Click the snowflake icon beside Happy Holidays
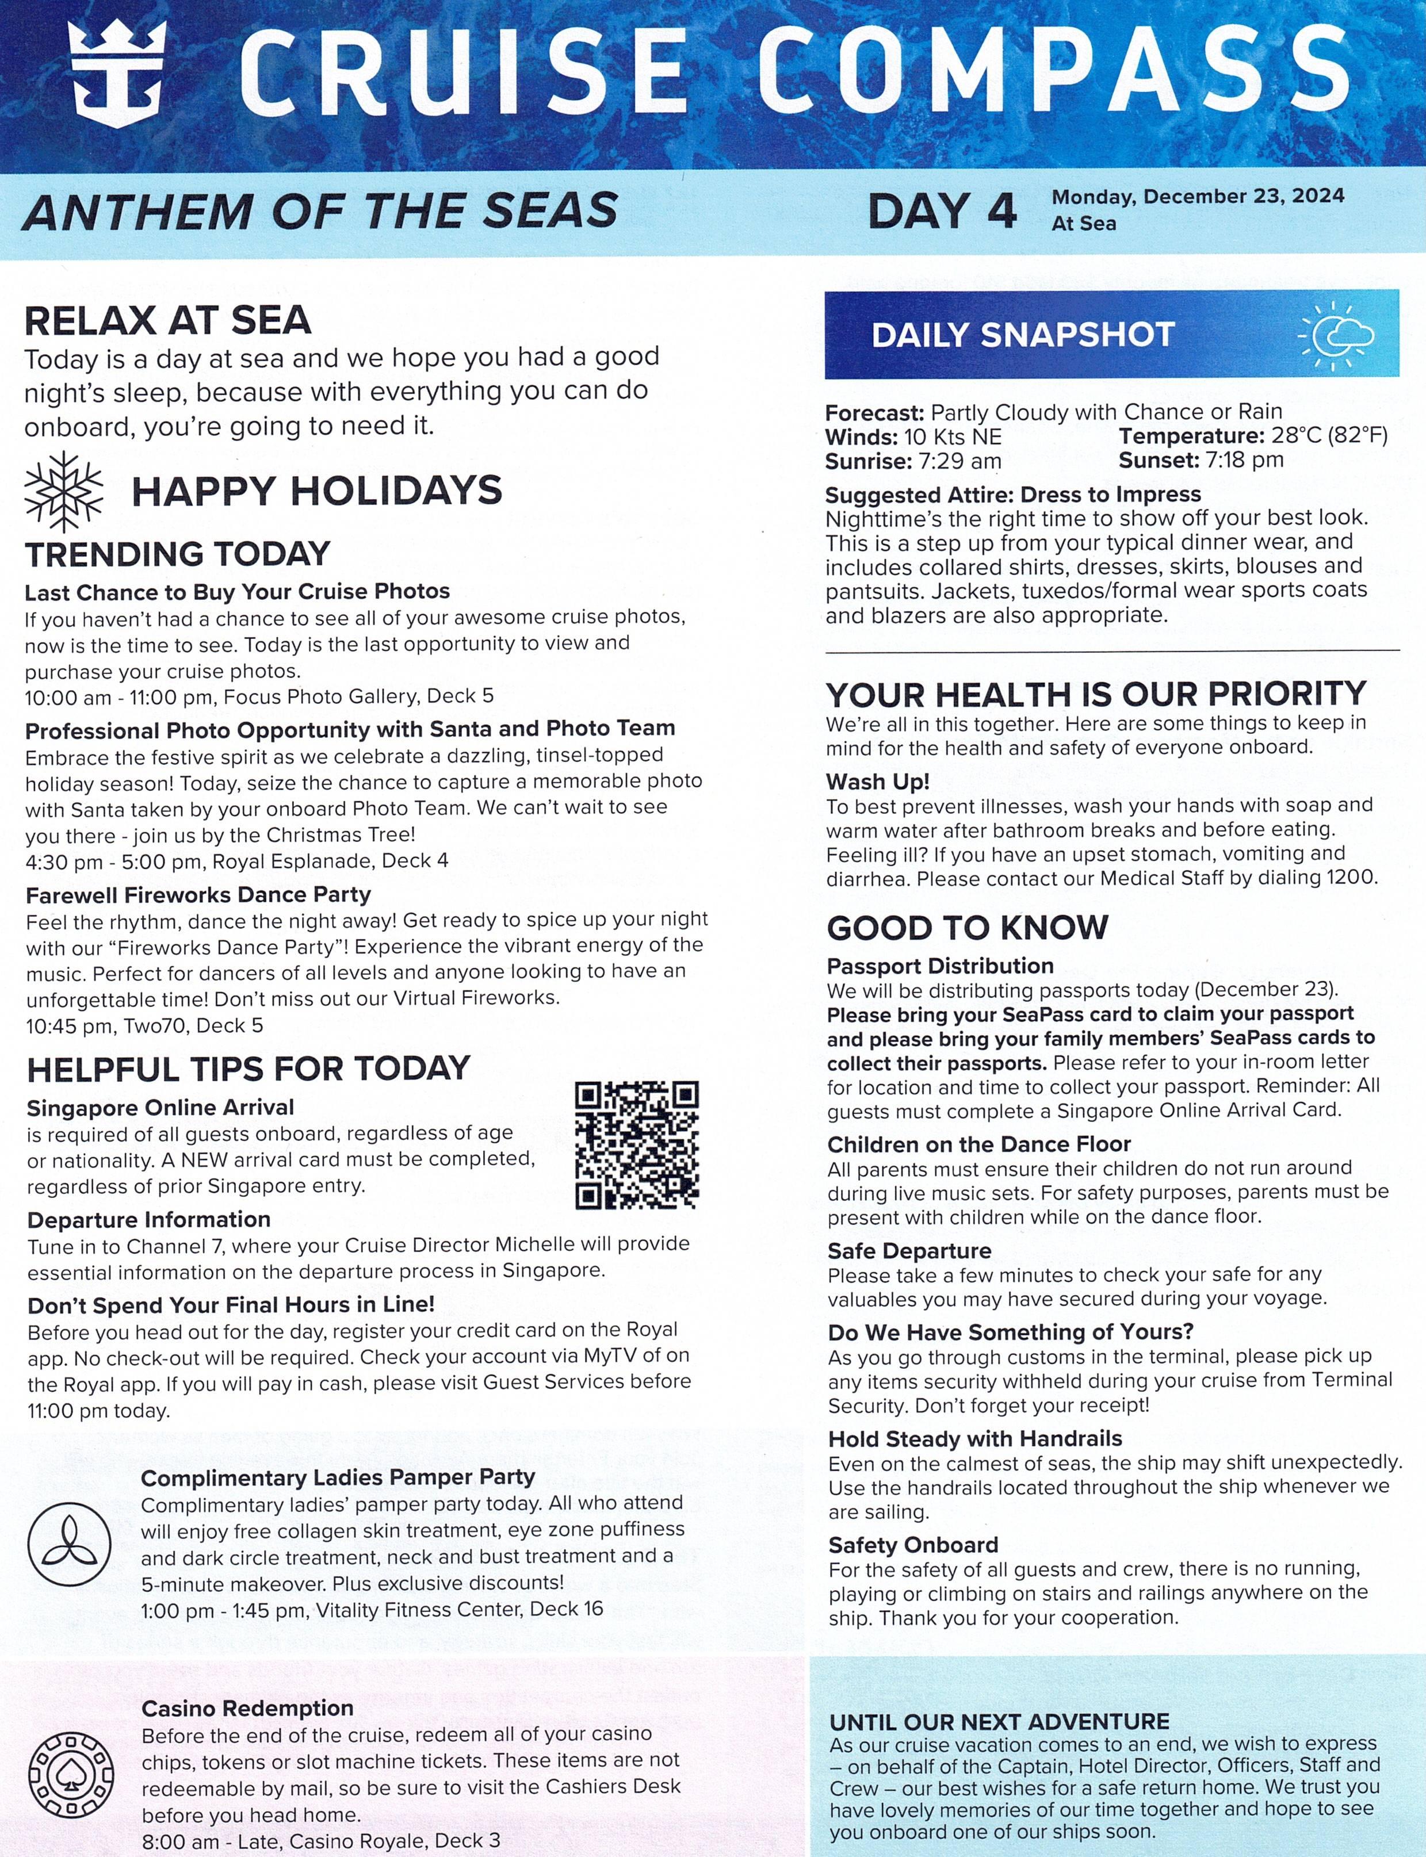(64, 492)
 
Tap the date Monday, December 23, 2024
(1198, 197)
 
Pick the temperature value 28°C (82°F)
(1329, 437)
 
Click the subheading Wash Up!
(878, 781)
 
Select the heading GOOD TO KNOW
(968, 928)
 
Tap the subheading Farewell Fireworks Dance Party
(198, 894)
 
